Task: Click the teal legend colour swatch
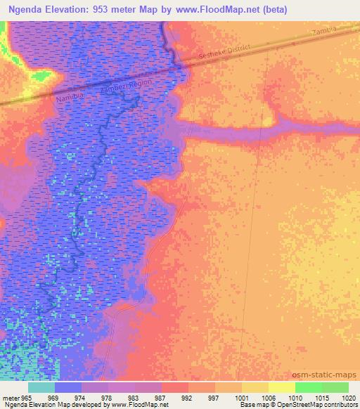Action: [x=41, y=387]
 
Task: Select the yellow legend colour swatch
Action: [x=281, y=387]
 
